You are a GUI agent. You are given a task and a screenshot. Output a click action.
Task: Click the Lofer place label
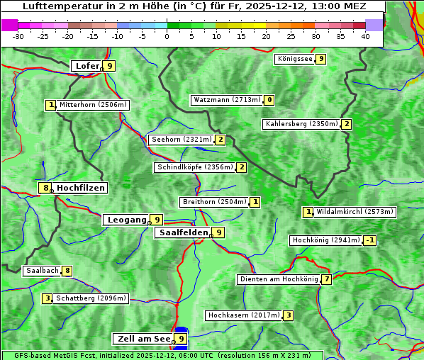pyautogui.click(x=87, y=66)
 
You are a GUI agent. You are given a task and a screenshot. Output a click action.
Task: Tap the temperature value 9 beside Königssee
pyautogui.click(x=321, y=59)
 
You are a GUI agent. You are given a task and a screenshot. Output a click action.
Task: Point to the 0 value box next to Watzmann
pyautogui.click(x=269, y=100)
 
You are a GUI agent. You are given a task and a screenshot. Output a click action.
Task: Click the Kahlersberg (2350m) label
pyautogui.click(x=301, y=124)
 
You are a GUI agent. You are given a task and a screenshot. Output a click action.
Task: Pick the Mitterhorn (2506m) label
pyautogui.click(x=93, y=105)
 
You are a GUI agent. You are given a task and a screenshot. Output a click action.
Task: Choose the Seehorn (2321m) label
pyautogui.click(x=182, y=140)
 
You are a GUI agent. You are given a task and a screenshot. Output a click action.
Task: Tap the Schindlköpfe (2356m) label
pyautogui.click(x=194, y=167)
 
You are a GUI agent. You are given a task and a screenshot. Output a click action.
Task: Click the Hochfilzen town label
pyautogui.click(x=81, y=188)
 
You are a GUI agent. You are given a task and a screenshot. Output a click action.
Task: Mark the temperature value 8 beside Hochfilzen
pyautogui.click(x=45, y=188)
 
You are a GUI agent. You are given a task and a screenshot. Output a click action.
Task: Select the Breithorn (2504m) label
pyautogui.click(x=214, y=202)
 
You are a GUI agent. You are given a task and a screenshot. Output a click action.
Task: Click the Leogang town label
pyautogui.click(x=126, y=220)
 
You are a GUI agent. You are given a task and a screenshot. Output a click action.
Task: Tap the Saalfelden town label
pyautogui.click(x=183, y=232)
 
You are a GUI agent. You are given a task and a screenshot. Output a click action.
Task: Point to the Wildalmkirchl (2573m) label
pyautogui.click(x=355, y=212)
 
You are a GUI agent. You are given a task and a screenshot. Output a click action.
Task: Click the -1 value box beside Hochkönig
pyautogui.click(x=369, y=240)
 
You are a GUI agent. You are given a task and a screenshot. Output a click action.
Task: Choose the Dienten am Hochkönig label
pyautogui.click(x=279, y=279)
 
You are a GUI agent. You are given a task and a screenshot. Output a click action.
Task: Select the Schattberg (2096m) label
pyautogui.click(x=91, y=298)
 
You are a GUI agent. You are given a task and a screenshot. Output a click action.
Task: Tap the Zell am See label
pyautogui.click(x=144, y=339)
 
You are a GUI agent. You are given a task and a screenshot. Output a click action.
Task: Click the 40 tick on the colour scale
pyautogui.click(x=365, y=36)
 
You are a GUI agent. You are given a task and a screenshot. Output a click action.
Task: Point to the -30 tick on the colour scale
pyautogui.click(x=18, y=36)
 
